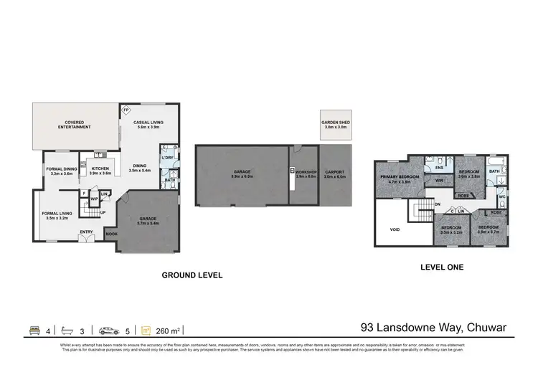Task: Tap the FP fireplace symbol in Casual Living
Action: point(126,110)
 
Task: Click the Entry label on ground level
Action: point(86,232)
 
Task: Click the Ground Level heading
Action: point(192,275)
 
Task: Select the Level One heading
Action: point(441,267)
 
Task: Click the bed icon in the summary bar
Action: point(33,330)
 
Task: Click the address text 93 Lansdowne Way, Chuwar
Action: point(433,328)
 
